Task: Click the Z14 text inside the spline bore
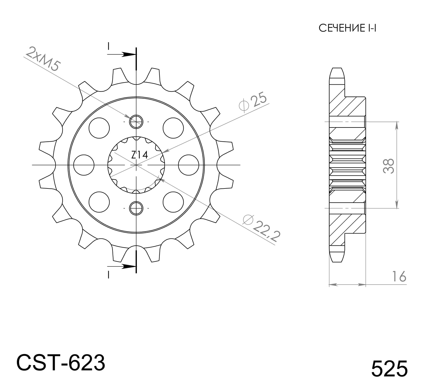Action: [139, 155]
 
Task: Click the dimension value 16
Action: [399, 277]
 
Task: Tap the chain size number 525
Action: [389, 369]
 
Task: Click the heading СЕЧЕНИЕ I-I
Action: [347, 28]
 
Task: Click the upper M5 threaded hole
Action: [136, 122]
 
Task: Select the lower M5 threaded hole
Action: [136, 208]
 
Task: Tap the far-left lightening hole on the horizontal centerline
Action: [84, 165]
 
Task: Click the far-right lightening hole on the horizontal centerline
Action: [189, 165]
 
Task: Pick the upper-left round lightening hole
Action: [99, 128]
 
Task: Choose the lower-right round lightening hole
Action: [173, 202]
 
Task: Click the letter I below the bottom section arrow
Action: [108, 275]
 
